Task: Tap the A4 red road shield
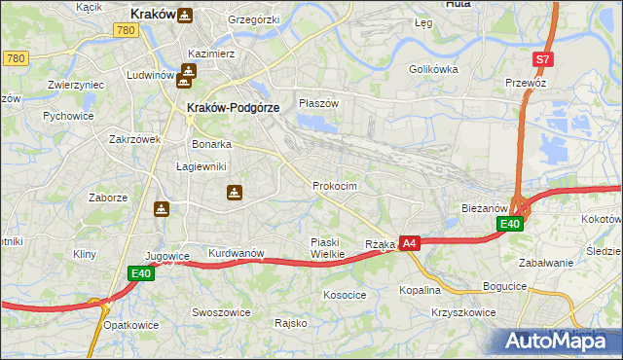409,243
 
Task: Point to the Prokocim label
335,186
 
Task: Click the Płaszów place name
318,103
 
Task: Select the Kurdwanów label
237,253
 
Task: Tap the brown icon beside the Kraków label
185,16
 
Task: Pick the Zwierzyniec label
76,85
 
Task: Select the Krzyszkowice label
462,312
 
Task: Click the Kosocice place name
345,294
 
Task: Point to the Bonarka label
211,143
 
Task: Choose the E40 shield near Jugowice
141,274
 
